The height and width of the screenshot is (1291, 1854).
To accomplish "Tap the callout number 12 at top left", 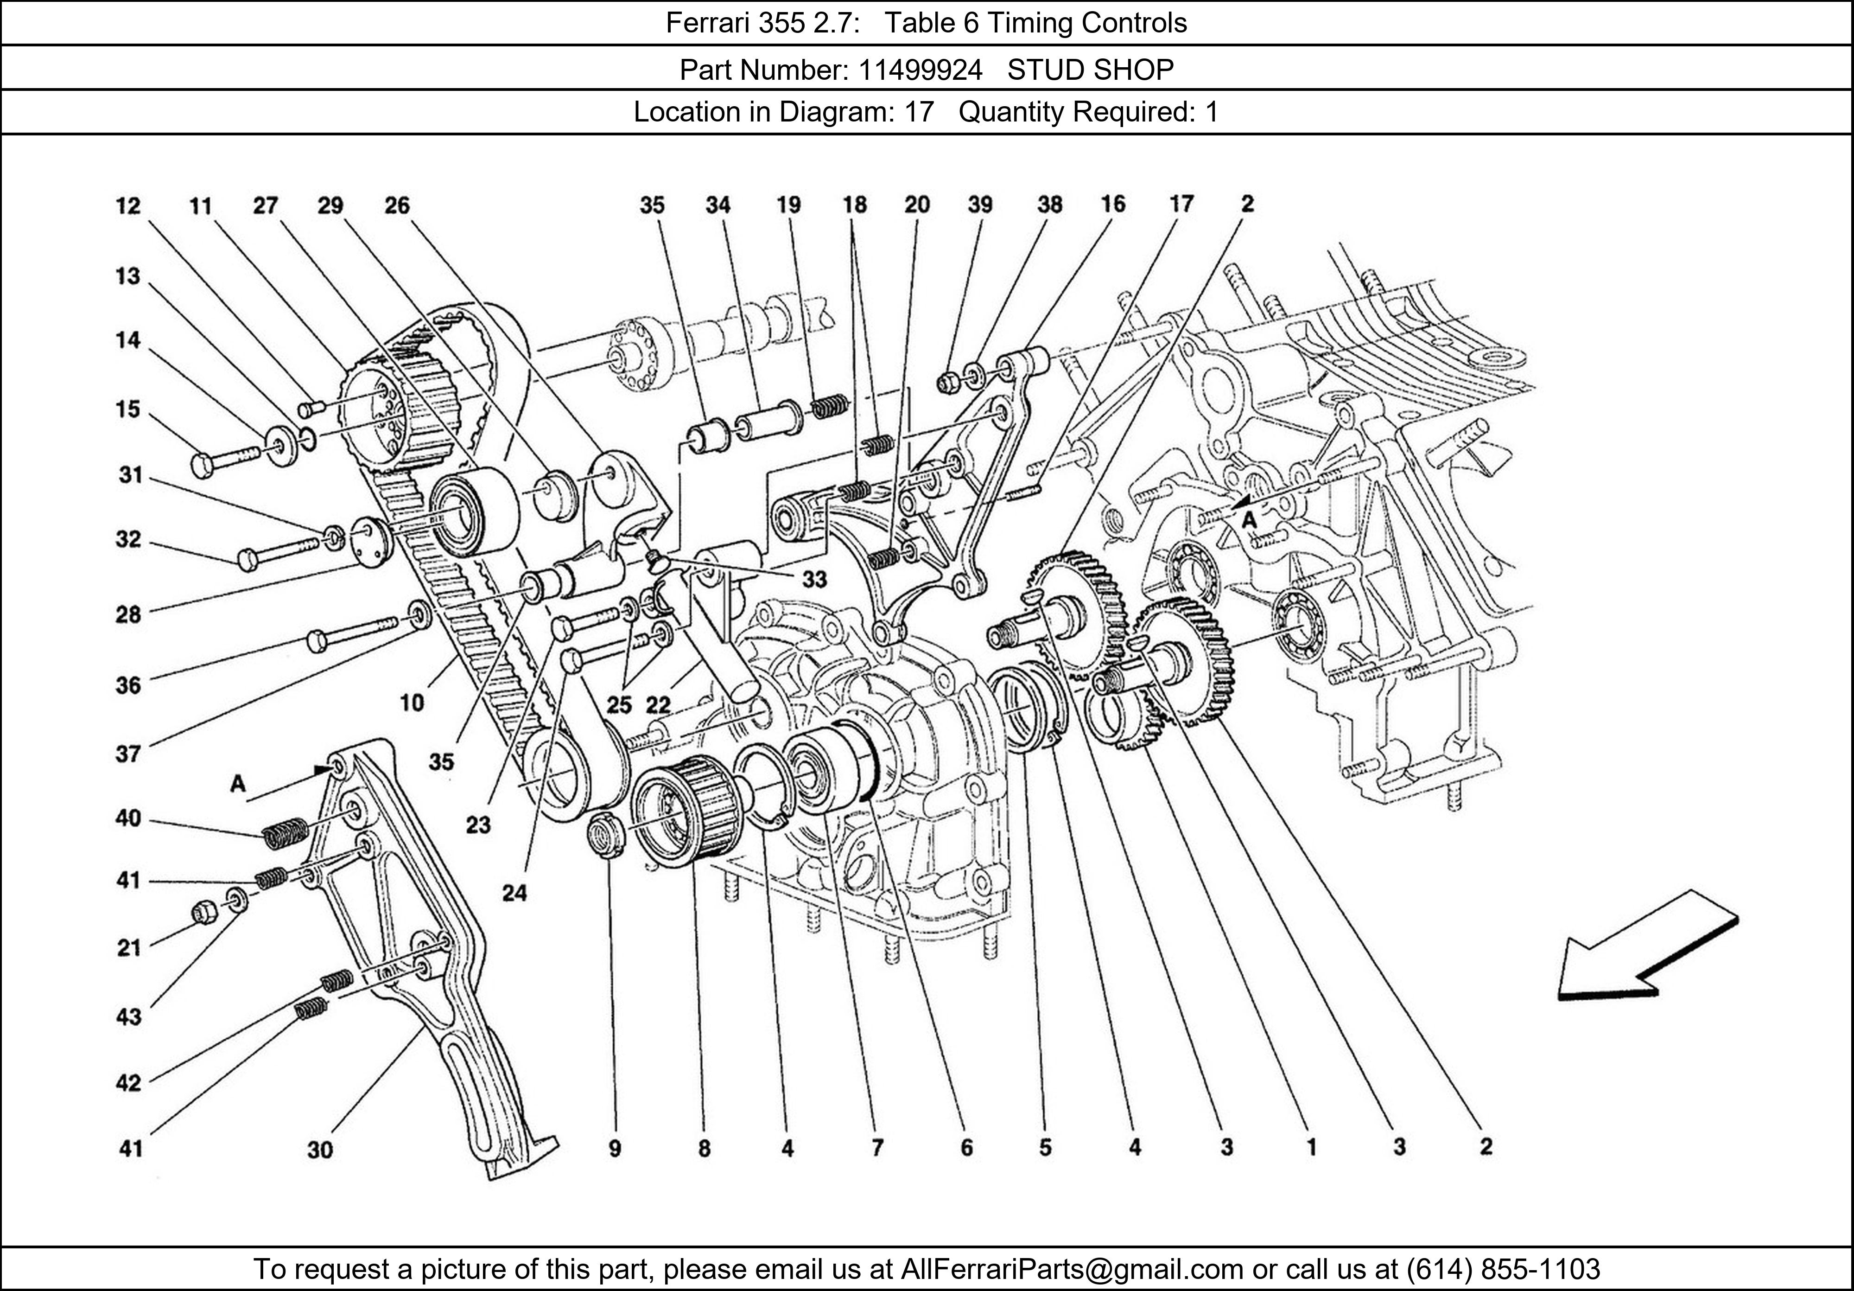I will pyautogui.click(x=127, y=206).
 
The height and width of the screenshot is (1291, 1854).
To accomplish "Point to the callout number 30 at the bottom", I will pyautogui.click(x=320, y=1149).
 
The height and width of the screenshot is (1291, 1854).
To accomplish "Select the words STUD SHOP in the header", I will pyautogui.click(x=1090, y=70).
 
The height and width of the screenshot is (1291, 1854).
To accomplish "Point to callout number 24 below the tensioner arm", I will pyautogui.click(x=514, y=893).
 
